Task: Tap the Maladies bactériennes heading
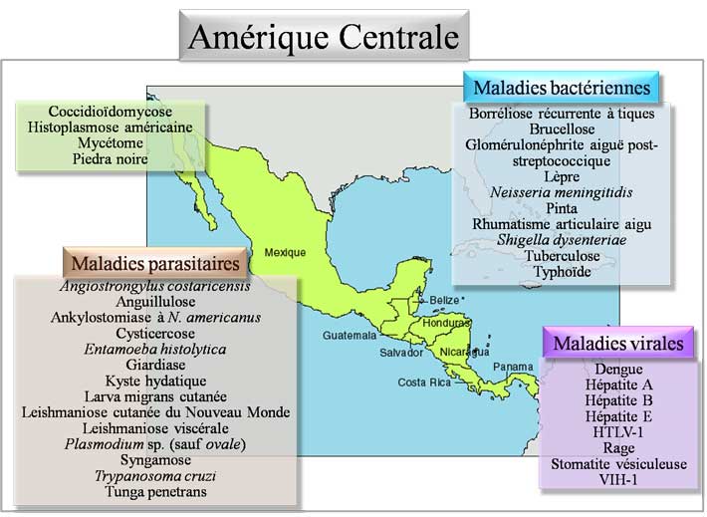[x=562, y=88]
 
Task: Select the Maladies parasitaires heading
[x=155, y=264]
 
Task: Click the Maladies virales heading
[x=617, y=344]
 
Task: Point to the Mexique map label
[x=285, y=252]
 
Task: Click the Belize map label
[x=443, y=300]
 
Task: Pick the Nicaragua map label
[x=465, y=352]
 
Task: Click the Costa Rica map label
[x=419, y=383]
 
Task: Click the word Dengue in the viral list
[x=618, y=370]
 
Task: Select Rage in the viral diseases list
[x=618, y=448]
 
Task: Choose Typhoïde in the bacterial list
[x=563, y=270]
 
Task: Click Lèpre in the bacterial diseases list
[x=563, y=175]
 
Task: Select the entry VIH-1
[x=618, y=479]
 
